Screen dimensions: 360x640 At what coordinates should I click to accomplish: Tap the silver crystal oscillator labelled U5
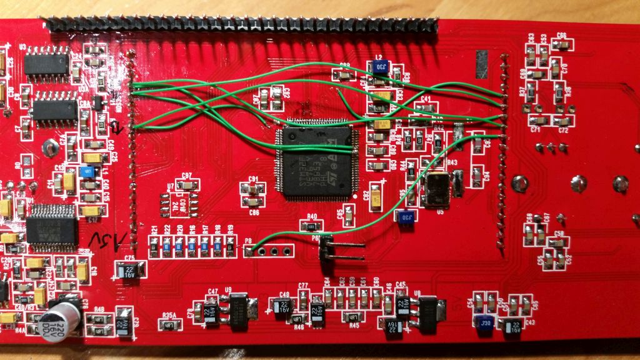point(436,191)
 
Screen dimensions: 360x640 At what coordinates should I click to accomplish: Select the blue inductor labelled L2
point(383,64)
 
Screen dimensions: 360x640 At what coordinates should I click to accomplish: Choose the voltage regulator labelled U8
point(429,311)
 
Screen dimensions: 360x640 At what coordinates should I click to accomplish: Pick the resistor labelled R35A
point(167,325)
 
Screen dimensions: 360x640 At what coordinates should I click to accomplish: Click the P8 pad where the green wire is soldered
point(249,252)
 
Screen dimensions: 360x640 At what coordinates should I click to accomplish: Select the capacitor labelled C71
point(537,121)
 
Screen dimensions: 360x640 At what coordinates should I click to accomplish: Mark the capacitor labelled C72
point(562,121)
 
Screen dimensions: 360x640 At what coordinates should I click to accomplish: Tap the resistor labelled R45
point(354,316)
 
